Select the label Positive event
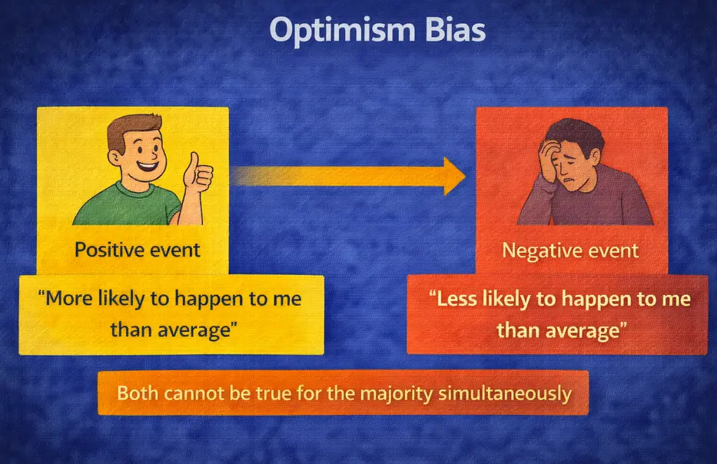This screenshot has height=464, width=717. point(138,249)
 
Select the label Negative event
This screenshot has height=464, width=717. point(569,250)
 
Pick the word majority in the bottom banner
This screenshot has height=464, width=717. point(388,394)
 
